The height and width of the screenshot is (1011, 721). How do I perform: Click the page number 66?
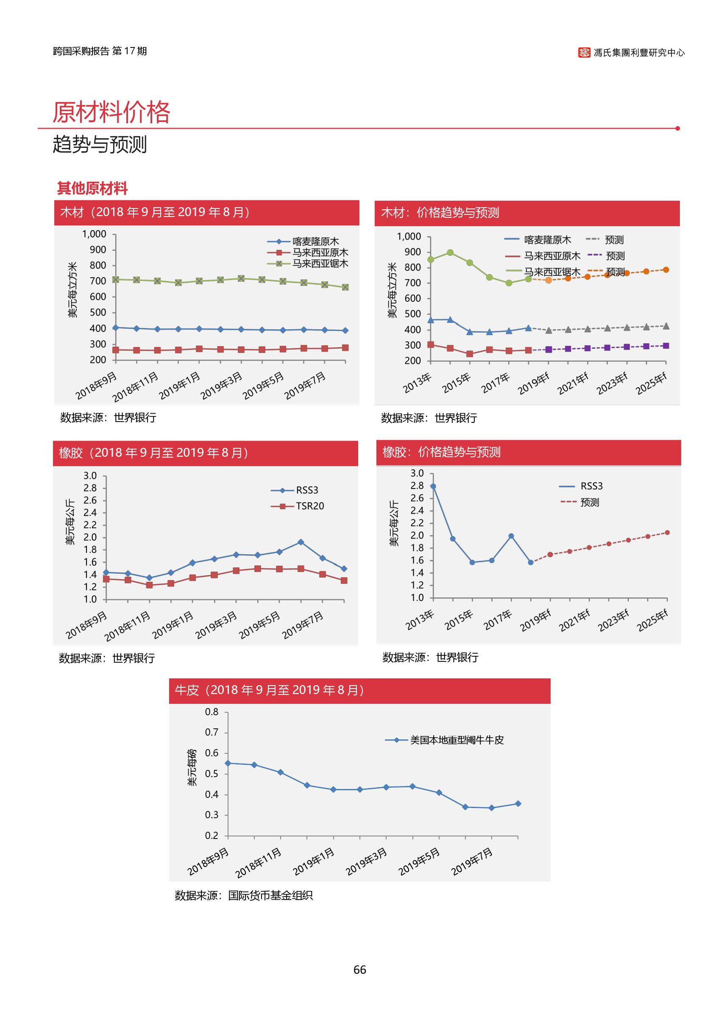coord(359,970)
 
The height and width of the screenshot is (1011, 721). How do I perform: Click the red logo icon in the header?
coord(584,53)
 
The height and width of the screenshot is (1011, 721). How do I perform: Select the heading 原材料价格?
coord(111,112)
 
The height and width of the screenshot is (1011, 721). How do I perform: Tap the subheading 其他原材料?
coord(92,189)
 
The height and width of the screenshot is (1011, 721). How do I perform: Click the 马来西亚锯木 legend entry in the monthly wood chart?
coord(320,264)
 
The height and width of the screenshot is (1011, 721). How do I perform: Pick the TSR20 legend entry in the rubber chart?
coord(309,506)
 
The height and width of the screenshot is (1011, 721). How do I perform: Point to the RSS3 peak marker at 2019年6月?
coord(301,542)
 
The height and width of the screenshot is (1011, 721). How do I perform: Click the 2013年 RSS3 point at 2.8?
coord(433,486)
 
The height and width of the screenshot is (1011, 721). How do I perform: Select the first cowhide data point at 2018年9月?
coord(228,764)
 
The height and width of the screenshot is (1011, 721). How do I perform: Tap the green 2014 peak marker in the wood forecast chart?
coord(450,253)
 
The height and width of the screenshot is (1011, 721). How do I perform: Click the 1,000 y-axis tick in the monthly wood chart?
coord(94,234)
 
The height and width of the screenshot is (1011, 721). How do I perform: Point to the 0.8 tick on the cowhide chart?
coord(212,712)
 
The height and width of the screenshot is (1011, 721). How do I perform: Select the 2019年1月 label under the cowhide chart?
coord(314,861)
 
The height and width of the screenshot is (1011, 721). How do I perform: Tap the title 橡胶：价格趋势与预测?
coord(441,452)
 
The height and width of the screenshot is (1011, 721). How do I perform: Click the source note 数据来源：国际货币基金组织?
coord(244,895)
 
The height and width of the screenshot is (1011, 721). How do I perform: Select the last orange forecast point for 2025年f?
coord(666,270)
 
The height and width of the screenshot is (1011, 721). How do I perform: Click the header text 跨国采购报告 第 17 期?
coord(100,51)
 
